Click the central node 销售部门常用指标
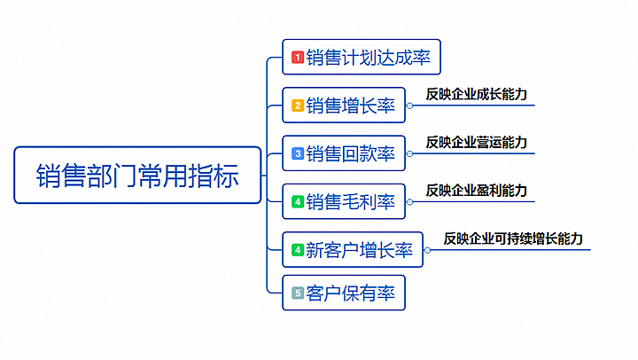coord(137,175)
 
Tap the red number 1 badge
coord(298,57)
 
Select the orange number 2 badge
coord(298,106)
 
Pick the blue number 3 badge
coord(298,153)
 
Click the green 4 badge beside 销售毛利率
coord(298,201)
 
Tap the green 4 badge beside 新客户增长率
coord(298,250)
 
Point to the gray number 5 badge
coord(298,293)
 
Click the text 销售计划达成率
coord(369,58)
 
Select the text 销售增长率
coord(350,106)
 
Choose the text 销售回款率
coord(350,154)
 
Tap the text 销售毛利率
coord(350,202)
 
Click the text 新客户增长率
coord(359,250)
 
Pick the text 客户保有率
coord(350,293)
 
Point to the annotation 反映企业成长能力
coord(477,95)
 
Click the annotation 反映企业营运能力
coord(477,143)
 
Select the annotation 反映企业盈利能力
coord(477,191)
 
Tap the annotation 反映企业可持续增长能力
coord(513,239)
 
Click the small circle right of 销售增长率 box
coord(409,106)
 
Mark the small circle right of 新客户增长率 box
coord(427,250)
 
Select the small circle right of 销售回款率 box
coord(409,154)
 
